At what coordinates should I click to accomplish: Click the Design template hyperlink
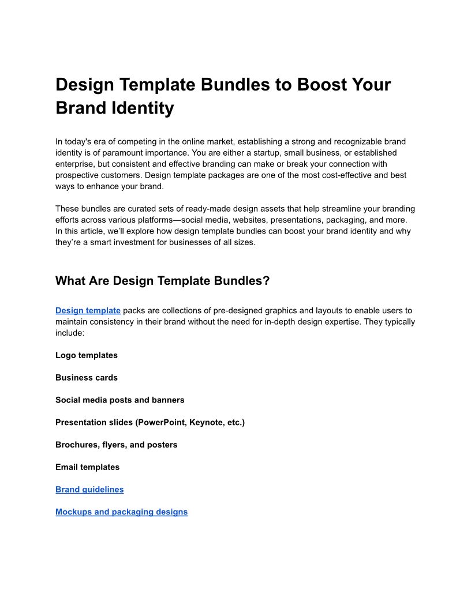pyautogui.click(x=88, y=310)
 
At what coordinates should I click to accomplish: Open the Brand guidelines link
pyautogui.click(x=89, y=490)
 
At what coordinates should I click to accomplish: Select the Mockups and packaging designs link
pyautogui.click(x=121, y=512)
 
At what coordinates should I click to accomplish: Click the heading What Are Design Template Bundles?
pyautogui.click(x=162, y=281)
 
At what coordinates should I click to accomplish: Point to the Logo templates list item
pyautogui.click(x=87, y=355)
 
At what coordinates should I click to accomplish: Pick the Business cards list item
pyautogui.click(x=87, y=378)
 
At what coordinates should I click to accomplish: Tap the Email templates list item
pyautogui.click(x=88, y=467)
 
